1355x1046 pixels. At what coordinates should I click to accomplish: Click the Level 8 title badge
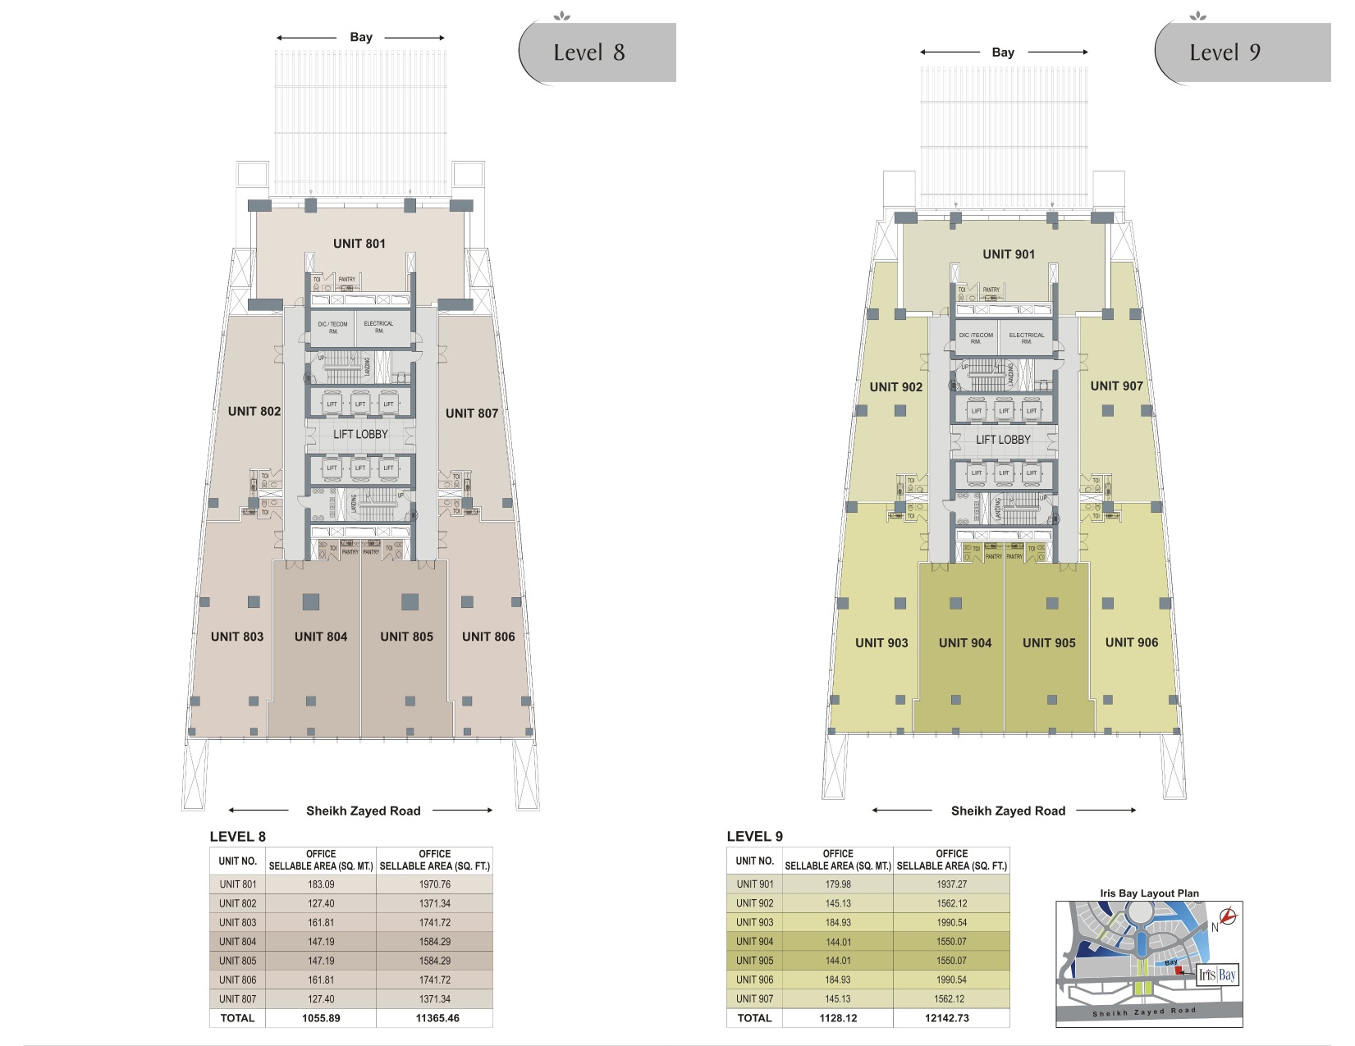tap(597, 53)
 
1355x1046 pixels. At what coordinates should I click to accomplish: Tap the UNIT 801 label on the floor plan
tap(359, 244)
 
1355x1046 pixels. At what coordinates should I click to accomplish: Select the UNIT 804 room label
tap(321, 637)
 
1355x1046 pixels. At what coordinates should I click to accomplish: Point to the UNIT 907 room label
tap(1116, 386)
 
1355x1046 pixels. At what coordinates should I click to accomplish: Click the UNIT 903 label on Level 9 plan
tap(881, 643)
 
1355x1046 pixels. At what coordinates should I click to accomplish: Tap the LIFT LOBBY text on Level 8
tap(360, 434)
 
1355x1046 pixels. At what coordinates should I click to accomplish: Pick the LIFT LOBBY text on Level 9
tap(1003, 440)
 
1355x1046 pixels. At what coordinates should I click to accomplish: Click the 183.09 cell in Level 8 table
tap(321, 884)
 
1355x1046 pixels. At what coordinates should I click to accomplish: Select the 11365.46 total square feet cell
tap(437, 1018)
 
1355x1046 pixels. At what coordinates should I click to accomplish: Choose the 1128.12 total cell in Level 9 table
tap(838, 1018)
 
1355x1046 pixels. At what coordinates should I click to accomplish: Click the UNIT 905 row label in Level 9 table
tap(754, 961)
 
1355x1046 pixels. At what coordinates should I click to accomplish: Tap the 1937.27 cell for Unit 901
tap(951, 884)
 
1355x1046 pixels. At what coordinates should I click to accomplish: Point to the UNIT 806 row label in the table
tap(237, 980)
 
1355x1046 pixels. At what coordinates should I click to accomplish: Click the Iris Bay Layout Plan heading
tap(1149, 893)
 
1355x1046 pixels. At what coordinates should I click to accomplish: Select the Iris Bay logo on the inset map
tap(1217, 975)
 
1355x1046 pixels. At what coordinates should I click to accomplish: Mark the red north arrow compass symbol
tap(1229, 916)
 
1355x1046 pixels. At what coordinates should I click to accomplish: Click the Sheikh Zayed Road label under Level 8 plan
tap(363, 811)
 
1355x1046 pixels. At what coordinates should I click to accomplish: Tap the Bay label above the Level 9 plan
tap(1003, 53)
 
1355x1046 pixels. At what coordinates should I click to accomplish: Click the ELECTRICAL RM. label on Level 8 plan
tap(378, 327)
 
